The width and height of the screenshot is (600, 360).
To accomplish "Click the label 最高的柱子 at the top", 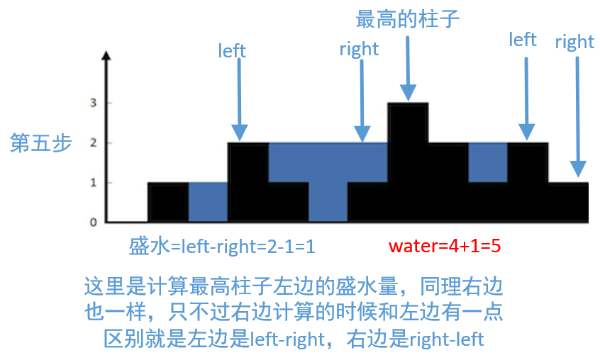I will pos(408,18).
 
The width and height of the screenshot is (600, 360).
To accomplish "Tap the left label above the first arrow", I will pos(232,51).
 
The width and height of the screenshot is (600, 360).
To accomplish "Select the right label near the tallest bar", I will pos(359,49).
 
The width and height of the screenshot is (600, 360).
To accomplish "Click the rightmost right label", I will pos(574,42).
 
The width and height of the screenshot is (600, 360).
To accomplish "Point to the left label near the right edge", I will pos(523,40).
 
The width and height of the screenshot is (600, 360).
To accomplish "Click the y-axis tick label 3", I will pos(93,103).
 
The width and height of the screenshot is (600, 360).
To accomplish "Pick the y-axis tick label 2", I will pos(93,142).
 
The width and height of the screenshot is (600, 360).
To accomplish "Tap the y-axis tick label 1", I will pos(93,182).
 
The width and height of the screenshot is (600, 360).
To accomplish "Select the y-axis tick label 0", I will pos(93,222).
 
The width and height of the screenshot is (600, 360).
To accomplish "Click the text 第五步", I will pos(41,143).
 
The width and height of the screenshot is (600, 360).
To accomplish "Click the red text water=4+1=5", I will pos(445,247).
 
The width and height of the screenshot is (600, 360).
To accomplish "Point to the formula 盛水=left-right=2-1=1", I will pos(221,247).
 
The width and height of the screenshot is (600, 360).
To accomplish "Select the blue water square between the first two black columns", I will pos(208,202).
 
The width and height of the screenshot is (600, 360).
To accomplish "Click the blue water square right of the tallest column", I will pos(487,162).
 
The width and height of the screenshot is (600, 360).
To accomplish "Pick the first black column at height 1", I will pos(168,202).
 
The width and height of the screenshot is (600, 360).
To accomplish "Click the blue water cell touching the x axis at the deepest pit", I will pos(328,202).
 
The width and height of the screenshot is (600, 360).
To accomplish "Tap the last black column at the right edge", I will pos(568,202).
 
